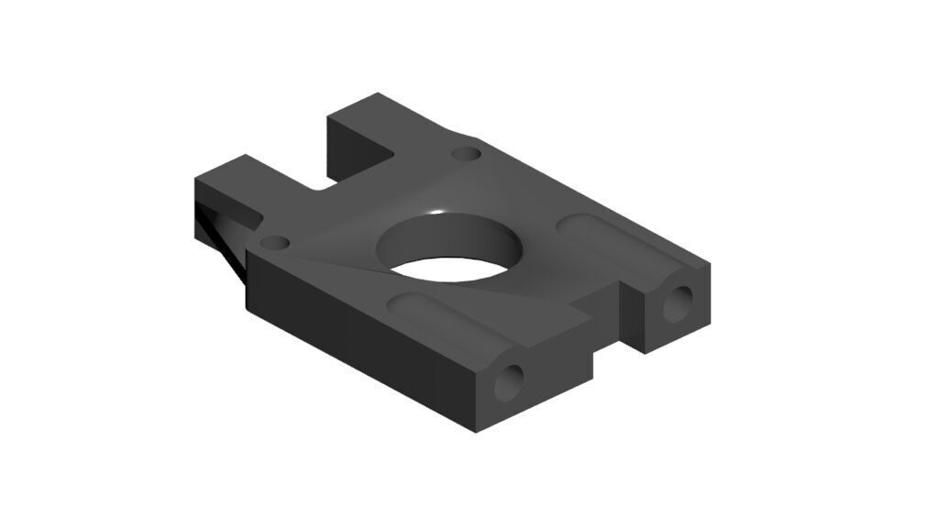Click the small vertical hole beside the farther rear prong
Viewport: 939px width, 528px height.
pos(467,152)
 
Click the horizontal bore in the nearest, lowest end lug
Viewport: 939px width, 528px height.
pos(510,382)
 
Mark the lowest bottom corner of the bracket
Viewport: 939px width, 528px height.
pos(477,432)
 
